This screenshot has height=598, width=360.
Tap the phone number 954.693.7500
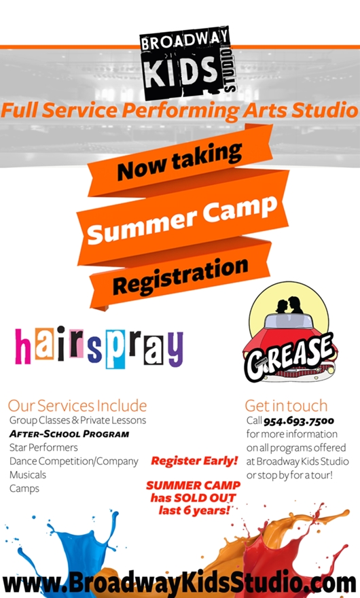click(x=299, y=421)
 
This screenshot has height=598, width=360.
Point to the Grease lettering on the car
click(x=290, y=357)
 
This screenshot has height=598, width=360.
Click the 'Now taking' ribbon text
click(x=179, y=161)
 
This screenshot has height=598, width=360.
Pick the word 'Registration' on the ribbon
click(x=180, y=275)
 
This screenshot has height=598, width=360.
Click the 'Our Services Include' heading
click(x=77, y=406)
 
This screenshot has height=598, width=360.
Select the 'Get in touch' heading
click(x=287, y=406)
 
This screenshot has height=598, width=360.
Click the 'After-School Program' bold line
click(x=69, y=434)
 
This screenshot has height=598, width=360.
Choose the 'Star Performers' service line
click(x=43, y=447)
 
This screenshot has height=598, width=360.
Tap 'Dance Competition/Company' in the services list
click(x=74, y=461)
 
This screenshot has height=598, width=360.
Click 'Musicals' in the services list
click(x=28, y=475)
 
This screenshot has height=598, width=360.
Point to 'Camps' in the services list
click(x=24, y=489)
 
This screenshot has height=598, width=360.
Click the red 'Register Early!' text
click(x=194, y=461)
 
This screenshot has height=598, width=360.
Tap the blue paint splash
click(x=65, y=553)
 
